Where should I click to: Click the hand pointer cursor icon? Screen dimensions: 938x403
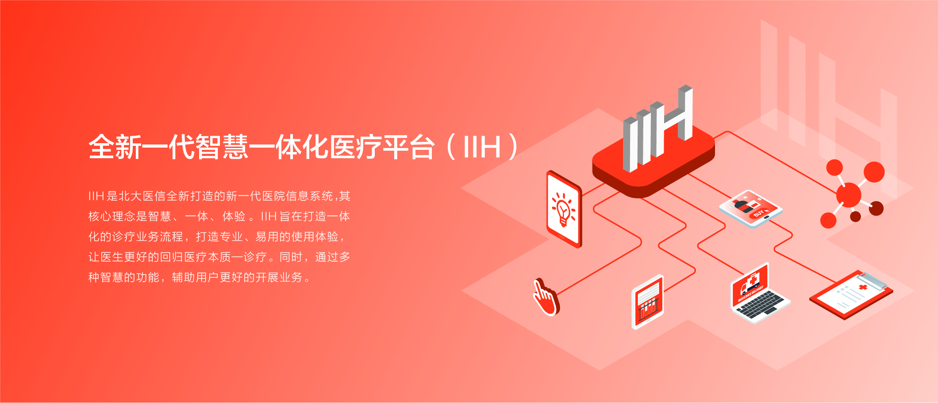click(x=547, y=297)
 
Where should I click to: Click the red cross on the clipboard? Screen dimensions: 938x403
click(x=863, y=287)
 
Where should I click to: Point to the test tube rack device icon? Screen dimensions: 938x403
click(x=648, y=302)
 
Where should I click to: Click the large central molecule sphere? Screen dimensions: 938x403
click(x=849, y=195)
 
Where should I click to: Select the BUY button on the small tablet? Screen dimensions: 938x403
click(x=759, y=213)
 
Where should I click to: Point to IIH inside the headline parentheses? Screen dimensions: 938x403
click(x=482, y=147)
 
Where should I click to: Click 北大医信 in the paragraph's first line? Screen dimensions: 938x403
click(x=142, y=196)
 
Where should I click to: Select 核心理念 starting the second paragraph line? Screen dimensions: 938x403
click(x=112, y=216)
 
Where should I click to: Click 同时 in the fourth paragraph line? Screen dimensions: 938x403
click(x=291, y=257)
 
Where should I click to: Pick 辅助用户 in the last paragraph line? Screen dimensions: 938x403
click(x=195, y=277)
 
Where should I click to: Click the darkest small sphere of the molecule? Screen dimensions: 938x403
click(x=856, y=216)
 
